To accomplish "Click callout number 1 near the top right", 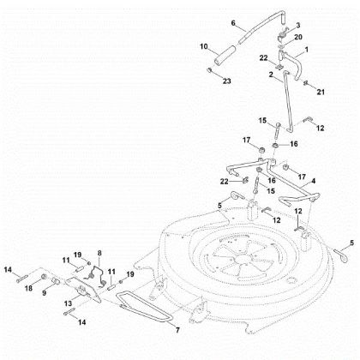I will click(309, 53).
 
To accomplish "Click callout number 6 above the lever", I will click(232, 23).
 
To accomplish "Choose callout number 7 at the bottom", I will click(177, 329).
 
